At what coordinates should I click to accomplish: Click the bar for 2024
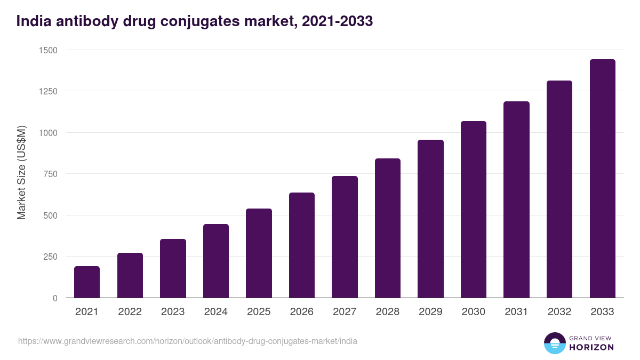coord(216,261)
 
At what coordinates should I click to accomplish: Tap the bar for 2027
coord(345,237)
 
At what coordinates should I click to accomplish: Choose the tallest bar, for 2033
coord(603,179)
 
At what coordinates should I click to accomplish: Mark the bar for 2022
coord(130,275)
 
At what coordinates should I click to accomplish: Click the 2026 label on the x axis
coord(302,312)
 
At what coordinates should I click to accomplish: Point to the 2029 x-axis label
coord(430,312)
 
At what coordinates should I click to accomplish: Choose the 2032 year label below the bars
coord(559,312)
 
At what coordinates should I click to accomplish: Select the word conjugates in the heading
coord(214,22)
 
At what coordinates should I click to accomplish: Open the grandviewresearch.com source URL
coord(187,341)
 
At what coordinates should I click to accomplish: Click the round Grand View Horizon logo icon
coord(555,343)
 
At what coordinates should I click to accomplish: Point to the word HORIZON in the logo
coord(591,347)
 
